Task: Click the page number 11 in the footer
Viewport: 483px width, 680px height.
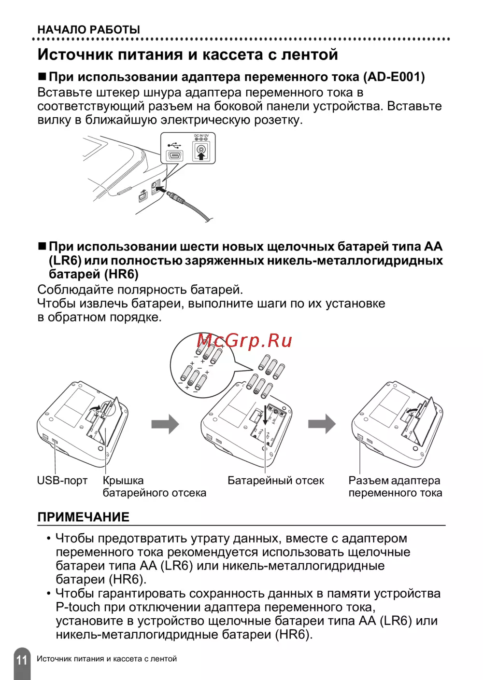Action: point(22,660)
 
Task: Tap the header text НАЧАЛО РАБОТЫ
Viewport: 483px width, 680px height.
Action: point(89,30)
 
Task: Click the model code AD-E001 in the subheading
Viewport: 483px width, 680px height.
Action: point(394,77)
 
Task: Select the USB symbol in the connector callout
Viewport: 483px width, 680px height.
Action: point(174,145)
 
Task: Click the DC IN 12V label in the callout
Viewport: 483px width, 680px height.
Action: point(201,136)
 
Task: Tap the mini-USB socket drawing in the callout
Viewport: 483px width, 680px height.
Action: point(174,156)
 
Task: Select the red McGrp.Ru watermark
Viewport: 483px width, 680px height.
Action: point(244,341)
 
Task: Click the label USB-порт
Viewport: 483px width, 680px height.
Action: point(62,481)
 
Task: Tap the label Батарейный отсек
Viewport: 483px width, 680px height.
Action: point(276,481)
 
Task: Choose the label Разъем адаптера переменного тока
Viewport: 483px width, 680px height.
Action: point(395,486)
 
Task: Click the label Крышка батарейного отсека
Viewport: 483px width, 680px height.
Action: point(154,486)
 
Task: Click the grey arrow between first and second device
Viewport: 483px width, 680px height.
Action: point(165,424)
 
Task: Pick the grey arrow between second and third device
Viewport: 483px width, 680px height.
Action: point(322,423)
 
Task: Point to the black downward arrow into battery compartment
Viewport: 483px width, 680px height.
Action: point(265,415)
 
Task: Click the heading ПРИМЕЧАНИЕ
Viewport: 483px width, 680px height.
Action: point(84,517)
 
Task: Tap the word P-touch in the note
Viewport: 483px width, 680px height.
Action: point(78,607)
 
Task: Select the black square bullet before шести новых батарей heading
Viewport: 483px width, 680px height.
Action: point(42,246)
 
